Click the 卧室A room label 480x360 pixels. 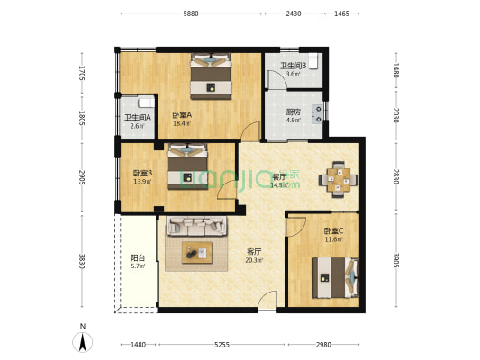pos(182,115)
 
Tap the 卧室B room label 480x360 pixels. pos(142,173)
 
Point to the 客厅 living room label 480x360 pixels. pos(254,252)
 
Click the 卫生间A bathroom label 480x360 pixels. pos(137,118)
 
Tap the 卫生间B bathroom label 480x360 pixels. pos(293,66)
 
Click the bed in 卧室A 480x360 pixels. pos(211,77)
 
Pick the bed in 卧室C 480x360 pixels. pos(334,276)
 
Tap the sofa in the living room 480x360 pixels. pos(189,227)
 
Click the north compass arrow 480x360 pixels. pos(83,341)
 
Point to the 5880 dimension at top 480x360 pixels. pos(191,14)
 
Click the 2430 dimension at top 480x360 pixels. pos(294,14)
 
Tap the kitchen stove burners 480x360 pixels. pos(317,113)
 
